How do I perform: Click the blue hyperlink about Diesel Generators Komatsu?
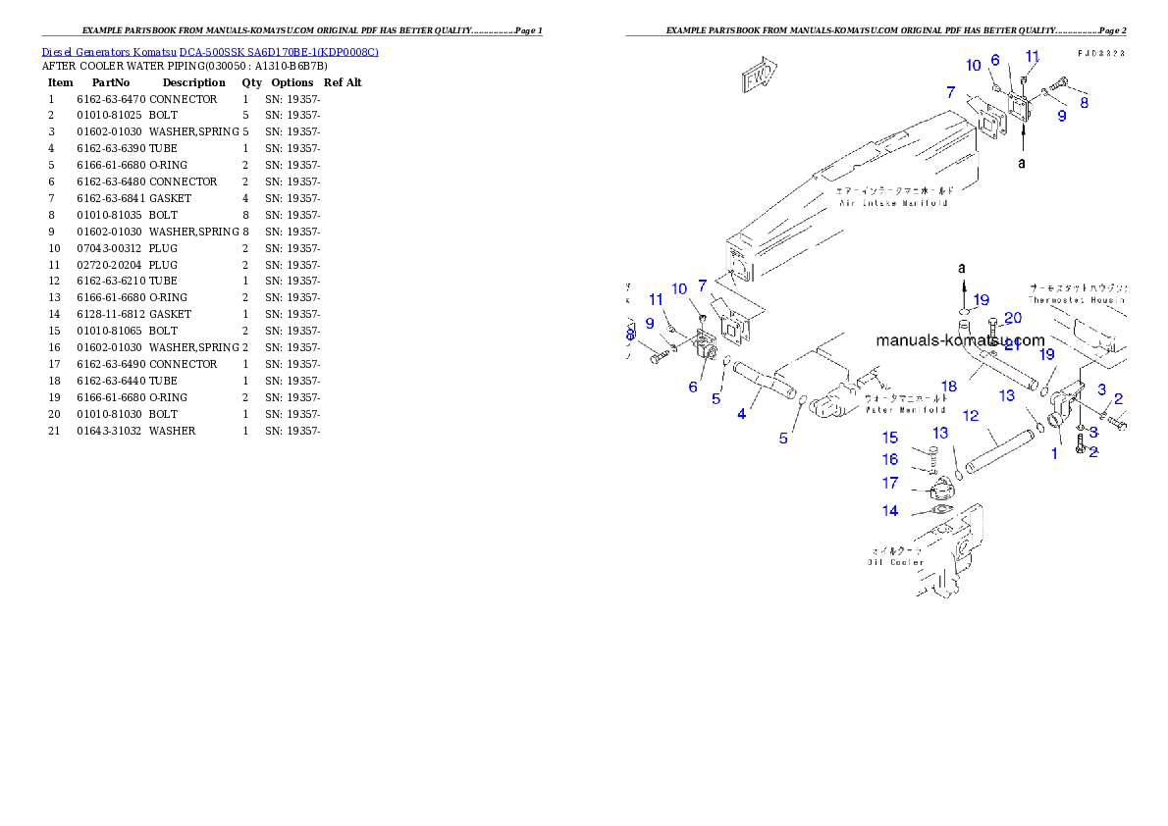210,52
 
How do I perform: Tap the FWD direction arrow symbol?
759,77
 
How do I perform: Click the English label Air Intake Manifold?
893,203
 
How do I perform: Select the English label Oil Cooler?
895,562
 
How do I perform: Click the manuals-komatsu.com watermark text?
960,341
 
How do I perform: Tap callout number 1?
1055,453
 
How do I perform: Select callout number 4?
741,414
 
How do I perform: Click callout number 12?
970,416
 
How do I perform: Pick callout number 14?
890,510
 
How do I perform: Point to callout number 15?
890,439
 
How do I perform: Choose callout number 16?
890,459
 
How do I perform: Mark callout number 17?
890,483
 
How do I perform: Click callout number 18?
950,387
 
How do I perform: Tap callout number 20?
1012,317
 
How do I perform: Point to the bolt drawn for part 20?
994,331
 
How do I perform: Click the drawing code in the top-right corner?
1099,52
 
